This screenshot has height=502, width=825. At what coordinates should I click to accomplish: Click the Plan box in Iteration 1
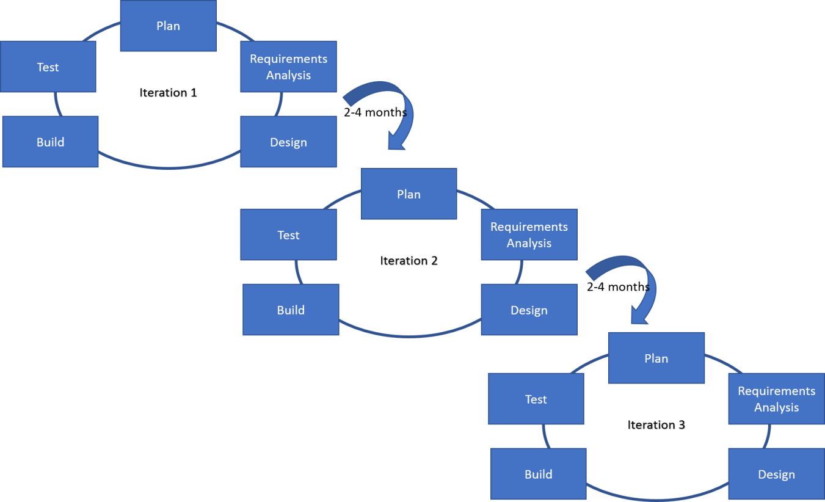pyautogui.click(x=168, y=26)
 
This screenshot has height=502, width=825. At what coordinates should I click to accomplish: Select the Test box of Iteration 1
pyautogui.click(x=48, y=67)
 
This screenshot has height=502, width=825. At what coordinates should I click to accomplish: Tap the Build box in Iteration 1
pyautogui.click(x=50, y=142)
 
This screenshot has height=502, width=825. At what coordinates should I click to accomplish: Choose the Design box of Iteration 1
pyautogui.click(x=288, y=142)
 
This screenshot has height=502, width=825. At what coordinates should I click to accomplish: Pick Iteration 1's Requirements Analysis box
pyautogui.click(x=288, y=67)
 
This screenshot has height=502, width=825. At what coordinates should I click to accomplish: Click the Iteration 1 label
pyautogui.click(x=169, y=93)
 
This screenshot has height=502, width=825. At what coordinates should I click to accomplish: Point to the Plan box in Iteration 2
pyautogui.click(x=409, y=194)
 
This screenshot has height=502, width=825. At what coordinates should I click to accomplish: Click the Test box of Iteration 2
pyautogui.click(x=288, y=235)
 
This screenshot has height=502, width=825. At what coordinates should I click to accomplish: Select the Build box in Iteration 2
pyautogui.click(x=291, y=310)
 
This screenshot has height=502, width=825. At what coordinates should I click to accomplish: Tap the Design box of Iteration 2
pyautogui.click(x=529, y=310)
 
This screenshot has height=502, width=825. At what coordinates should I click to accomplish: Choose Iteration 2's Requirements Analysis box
pyautogui.click(x=529, y=235)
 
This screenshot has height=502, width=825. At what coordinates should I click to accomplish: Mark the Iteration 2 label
pyautogui.click(x=409, y=261)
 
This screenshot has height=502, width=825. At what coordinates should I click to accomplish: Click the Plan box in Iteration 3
pyautogui.click(x=656, y=358)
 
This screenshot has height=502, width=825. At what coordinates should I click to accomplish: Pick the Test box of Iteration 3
pyautogui.click(x=536, y=399)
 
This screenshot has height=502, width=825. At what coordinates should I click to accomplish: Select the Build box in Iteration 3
pyautogui.click(x=538, y=474)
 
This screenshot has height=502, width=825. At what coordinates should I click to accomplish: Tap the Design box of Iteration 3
pyautogui.click(x=776, y=474)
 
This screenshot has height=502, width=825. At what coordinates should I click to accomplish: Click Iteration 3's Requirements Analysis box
pyautogui.click(x=776, y=399)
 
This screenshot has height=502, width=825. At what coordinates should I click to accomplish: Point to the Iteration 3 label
pyautogui.click(x=656, y=425)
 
